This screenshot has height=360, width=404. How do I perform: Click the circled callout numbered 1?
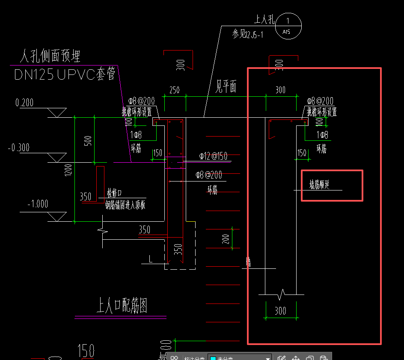288,25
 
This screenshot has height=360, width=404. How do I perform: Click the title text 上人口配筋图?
122,306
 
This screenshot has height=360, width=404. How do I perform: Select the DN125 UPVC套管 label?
65,75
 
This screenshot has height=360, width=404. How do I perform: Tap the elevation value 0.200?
24,103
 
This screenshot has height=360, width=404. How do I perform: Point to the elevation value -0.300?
19,148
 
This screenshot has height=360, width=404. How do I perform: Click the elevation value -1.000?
38,204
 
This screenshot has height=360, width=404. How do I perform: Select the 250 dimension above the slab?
175,90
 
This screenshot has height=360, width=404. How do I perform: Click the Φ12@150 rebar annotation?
213,156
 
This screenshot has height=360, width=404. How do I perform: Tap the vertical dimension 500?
88,141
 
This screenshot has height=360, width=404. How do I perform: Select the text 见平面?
225,87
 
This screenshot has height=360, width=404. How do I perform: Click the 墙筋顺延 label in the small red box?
319,184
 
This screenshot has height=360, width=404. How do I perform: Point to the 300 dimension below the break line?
280,310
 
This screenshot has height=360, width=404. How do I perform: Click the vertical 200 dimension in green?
226,239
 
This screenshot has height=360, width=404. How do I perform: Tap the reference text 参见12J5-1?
248,35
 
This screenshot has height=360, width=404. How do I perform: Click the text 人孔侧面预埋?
50,56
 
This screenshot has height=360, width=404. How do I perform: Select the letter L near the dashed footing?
150,259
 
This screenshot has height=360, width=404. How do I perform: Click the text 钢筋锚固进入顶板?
125,205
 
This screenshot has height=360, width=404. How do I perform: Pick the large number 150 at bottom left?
86,351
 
